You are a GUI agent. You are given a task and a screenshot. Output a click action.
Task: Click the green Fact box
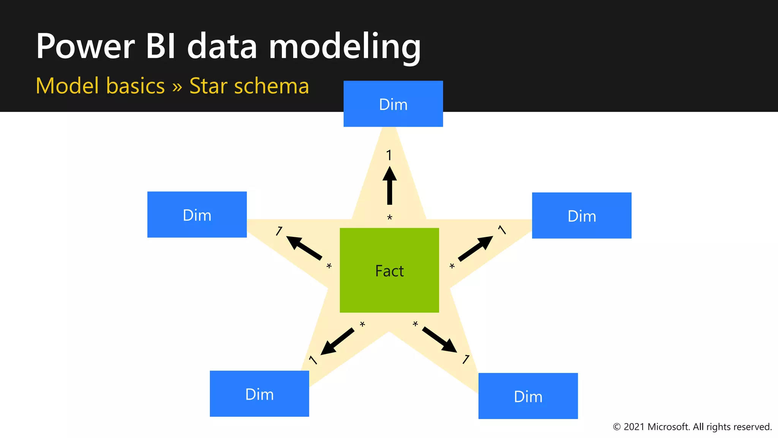click(x=389, y=270)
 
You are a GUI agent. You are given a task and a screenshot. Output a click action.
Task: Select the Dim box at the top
click(x=393, y=104)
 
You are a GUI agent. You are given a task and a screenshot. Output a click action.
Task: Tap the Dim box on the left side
click(x=197, y=215)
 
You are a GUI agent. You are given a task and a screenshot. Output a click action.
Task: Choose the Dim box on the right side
click(x=582, y=216)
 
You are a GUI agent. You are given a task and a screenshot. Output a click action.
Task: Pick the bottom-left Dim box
click(x=259, y=394)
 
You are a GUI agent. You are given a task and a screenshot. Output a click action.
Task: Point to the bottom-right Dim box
click(x=528, y=396)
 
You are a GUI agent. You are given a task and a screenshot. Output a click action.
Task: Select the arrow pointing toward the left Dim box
click(x=304, y=248)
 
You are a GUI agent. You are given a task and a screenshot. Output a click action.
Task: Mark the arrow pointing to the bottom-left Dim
click(x=337, y=341)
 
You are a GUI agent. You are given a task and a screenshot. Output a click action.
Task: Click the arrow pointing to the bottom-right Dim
click(x=440, y=340)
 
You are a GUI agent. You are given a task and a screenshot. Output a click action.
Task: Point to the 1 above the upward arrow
click(x=389, y=155)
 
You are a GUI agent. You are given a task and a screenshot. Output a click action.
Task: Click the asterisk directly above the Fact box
click(x=389, y=218)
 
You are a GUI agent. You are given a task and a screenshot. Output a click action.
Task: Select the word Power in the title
click(x=85, y=46)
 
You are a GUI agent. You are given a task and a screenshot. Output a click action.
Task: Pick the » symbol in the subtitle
click(x=177, y=87)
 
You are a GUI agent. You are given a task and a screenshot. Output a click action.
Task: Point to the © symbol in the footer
click(x=617, y=427)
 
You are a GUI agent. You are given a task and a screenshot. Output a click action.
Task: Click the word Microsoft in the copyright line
click(x=668, y=427)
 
